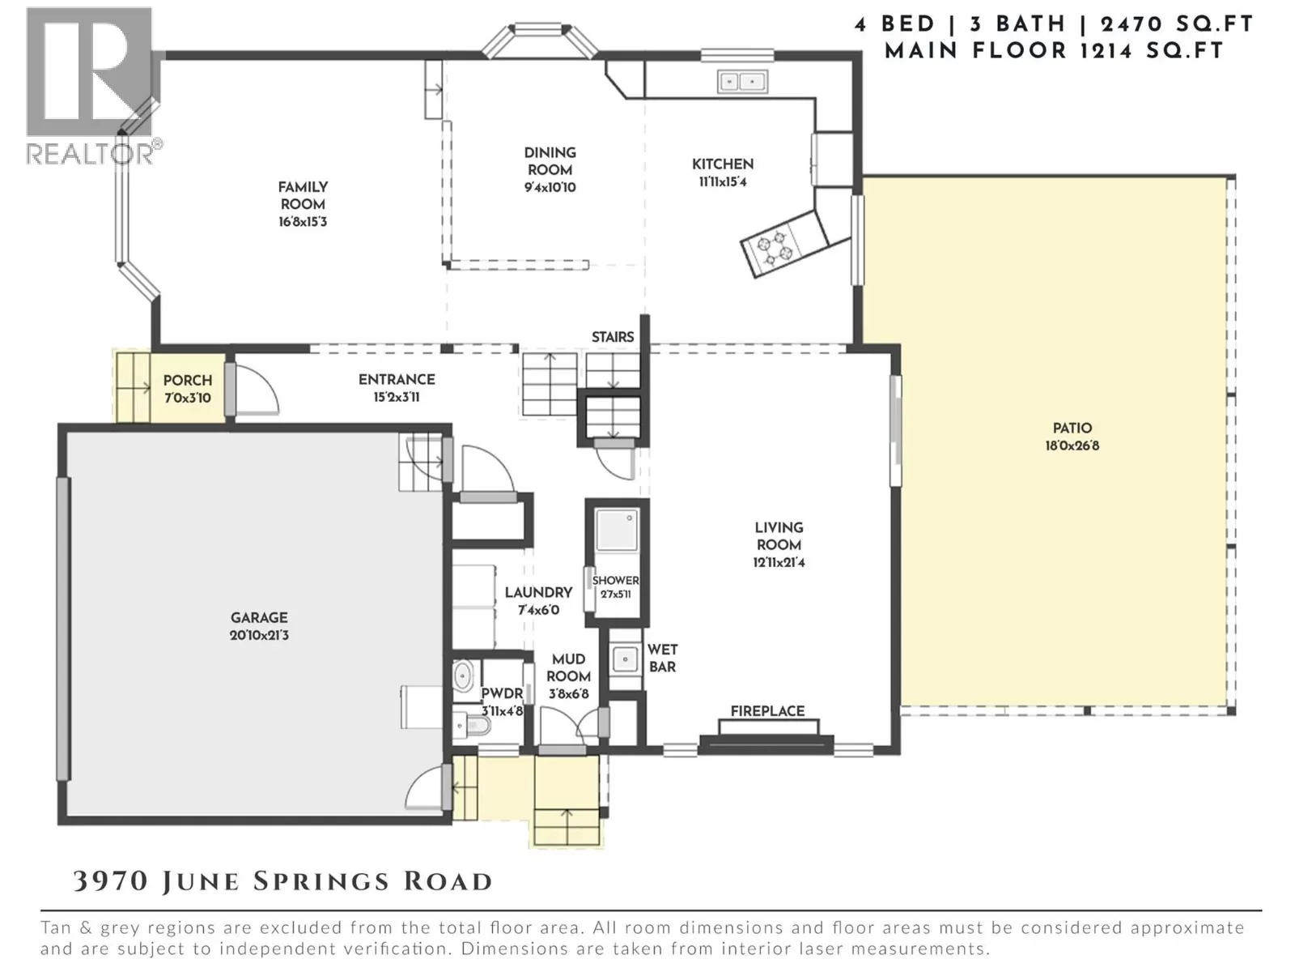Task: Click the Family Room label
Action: (x=303, y=195)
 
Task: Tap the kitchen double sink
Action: (x=742, y=82)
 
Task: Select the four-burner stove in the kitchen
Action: (x=775, y=249)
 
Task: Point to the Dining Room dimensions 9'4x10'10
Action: (x=550, y=188)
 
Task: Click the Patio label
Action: (x=1072, y=428)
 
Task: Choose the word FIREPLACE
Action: (x=767, y=711)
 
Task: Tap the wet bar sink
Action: (x=625, y=659)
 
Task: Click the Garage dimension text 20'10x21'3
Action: (x=259, y=635)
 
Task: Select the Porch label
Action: (x=188, y=380)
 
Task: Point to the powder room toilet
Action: (x=471, y=725)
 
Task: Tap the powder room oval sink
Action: (x=463, y=676)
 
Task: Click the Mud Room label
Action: (x=568, y=667)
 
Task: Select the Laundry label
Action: (x=538, y=592)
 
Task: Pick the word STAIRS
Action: (x=613, y=337)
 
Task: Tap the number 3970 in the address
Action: (x=110, y=881)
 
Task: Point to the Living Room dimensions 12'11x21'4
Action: (x=779, y=562)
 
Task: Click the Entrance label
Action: (x=397, y=379)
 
